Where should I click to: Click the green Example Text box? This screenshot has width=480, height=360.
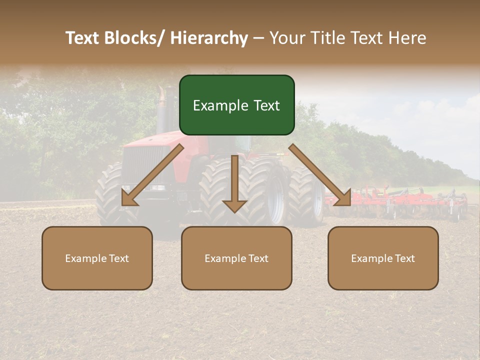pos(236,105)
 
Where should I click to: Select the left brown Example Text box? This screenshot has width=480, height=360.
pos(97,258)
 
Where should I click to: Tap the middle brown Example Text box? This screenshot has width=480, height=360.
pos(236,258)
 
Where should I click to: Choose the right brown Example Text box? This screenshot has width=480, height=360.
pos(383,258)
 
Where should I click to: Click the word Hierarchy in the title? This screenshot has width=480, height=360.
pos(209,38)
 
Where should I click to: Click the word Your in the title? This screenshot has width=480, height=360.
pos(286,38)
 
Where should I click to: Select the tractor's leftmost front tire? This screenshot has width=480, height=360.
pos(112,195)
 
